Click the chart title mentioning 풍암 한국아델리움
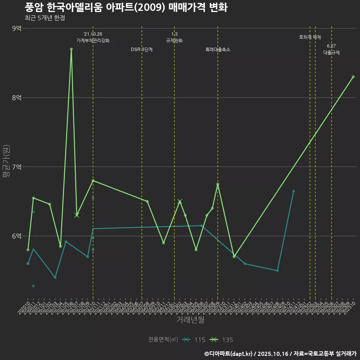[x=126, y=7]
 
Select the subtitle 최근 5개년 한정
[x=45, y=18]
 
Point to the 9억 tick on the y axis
[x=17, y=28]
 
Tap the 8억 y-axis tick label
[x=17, y=97]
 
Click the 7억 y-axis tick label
[x=17, y=167]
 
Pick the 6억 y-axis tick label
[x=17, y=236]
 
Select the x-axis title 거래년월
[x=190, y=319]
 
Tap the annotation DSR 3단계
[x=142, y=49]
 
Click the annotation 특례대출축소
[x=218, y=49]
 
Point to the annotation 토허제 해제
[x=310, y=37]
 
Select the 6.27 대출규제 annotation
[x=331, y=49]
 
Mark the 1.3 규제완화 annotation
[x=174, y=37]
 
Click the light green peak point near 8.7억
[x=71, y=49]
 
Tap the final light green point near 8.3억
[x=353, y=77]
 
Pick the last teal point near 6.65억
[x=294, y=191]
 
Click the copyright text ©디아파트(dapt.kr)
[x=229, y=354]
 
